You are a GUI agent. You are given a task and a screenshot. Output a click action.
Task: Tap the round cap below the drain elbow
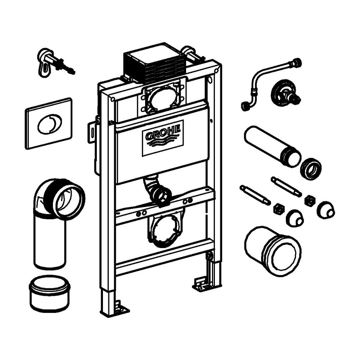[x=50, y=292]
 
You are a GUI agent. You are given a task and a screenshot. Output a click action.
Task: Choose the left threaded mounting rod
[x=255, y=194]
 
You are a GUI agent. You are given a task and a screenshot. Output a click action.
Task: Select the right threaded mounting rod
[x=286, y=186]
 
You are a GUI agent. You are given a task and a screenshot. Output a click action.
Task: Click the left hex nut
[x=279, y=209]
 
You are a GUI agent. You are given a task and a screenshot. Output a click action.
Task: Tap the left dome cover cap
[x=295, y=218]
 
